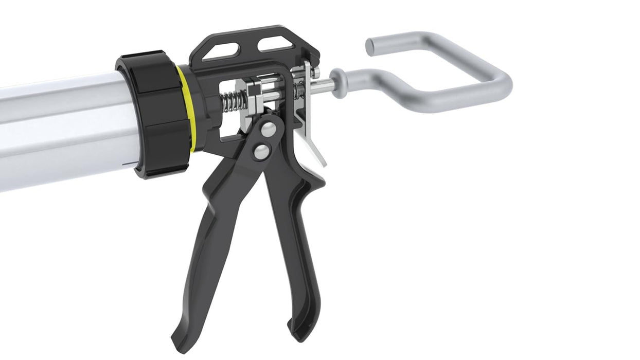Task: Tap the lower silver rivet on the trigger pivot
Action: pos(262,151)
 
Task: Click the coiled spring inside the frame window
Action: pos(231,100)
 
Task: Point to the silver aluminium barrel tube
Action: pos(62,129)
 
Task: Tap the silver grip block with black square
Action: pos(254,92)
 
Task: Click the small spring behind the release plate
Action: pos(298,91)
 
